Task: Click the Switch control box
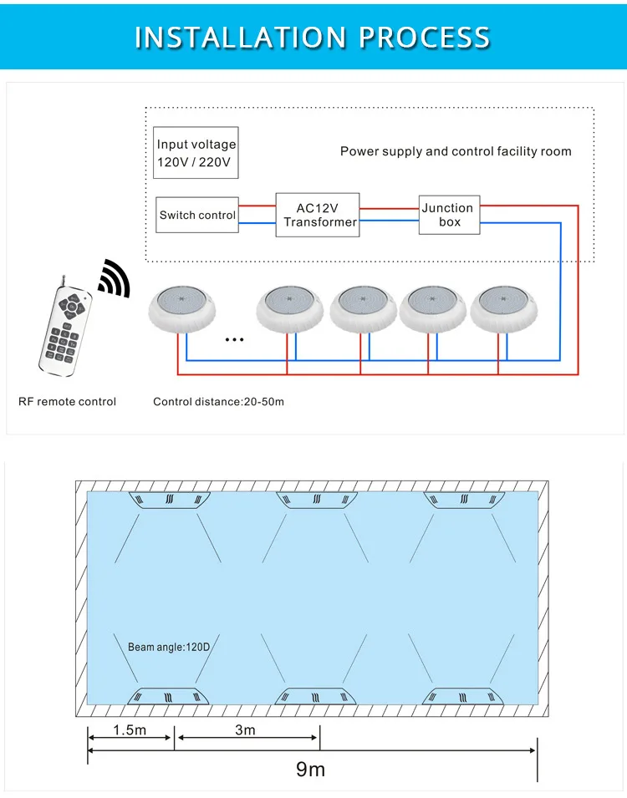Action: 197,215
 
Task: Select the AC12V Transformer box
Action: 318,215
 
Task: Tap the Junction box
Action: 449,215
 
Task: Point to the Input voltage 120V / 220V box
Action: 196,152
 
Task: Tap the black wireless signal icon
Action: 115,277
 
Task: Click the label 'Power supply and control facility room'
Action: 456,151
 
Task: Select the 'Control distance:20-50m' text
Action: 218,402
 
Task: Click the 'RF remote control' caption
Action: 67,402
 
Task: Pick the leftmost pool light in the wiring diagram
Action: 181,309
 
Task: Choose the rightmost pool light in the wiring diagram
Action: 503,309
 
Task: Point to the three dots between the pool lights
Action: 235,340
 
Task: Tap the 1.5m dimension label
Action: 130,730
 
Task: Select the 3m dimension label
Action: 245,730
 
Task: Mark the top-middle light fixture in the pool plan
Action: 317,500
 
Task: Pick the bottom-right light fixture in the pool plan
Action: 464,696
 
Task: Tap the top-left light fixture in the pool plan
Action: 169,500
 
